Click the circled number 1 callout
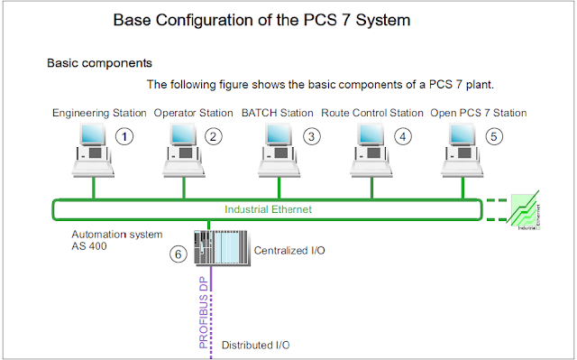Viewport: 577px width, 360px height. point(126,137)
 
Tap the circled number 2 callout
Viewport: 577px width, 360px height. point(213,137)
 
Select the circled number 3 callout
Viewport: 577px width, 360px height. point(311,137)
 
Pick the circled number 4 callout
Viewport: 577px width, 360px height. point(402,137)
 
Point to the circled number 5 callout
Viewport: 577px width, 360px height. point(492,137)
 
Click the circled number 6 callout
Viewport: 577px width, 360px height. point(179,254)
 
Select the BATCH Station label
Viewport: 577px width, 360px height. point(278,113)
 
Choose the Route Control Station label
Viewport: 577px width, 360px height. point(371,113)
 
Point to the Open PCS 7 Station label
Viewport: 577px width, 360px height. point(478,113)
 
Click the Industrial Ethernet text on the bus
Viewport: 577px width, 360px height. point(270,209)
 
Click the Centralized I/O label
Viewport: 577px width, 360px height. point(289,249)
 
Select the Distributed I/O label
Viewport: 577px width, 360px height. point(255,345)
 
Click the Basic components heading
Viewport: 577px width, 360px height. point(99,64)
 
